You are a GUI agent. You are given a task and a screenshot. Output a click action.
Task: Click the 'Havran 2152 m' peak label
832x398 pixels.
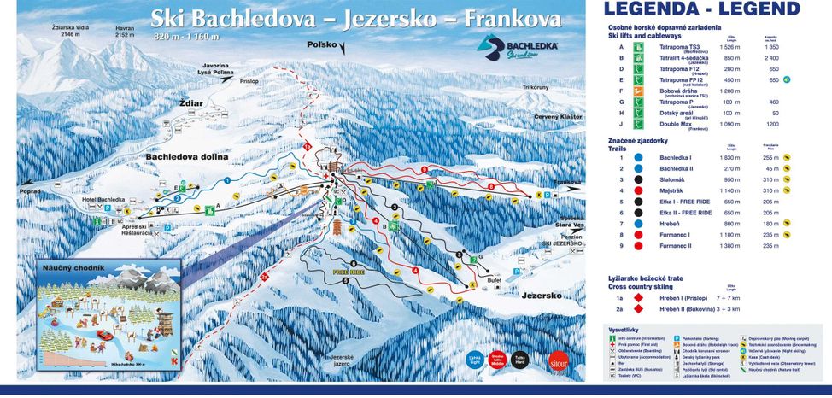[125, 32]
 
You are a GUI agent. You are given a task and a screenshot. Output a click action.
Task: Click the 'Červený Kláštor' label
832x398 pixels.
[558, 116]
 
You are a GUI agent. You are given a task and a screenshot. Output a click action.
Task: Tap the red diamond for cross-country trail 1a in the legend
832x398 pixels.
[635, 300]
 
